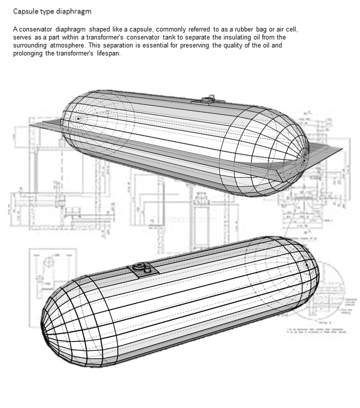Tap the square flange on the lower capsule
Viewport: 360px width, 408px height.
point(142,269)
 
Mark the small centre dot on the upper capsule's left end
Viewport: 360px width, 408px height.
point(78,118)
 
